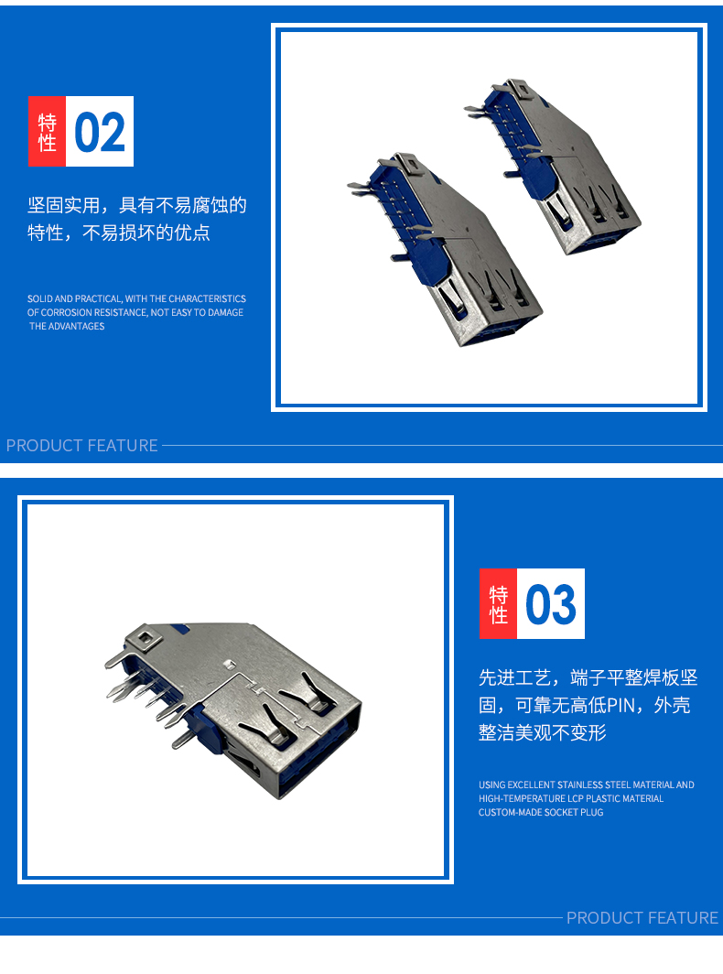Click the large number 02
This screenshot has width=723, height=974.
100,132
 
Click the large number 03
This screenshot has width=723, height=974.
550,604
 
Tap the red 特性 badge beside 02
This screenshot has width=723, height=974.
47,131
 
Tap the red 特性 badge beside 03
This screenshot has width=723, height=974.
498,604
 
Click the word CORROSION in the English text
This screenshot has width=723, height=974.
66,312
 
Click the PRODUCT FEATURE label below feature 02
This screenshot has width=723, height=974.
82,446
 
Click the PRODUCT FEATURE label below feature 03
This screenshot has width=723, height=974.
642,917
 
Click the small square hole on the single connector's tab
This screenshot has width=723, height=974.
145,637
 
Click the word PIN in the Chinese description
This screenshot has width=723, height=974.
621,705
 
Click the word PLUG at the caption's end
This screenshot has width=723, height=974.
591,813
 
